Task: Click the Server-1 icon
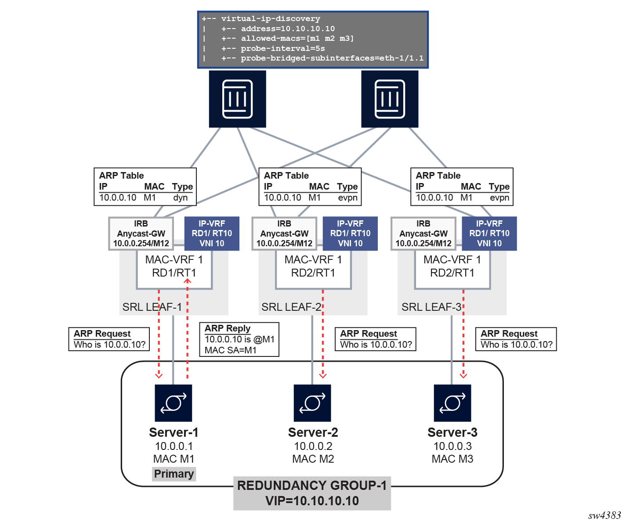pos(174,403)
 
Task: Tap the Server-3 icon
pos(452,403)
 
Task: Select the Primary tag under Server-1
pos(174,474)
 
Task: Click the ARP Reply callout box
pos(239,339)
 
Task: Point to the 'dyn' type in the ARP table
pos(181,198)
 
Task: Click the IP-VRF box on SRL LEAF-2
pos(350,234)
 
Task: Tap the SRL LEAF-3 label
pos(431,307)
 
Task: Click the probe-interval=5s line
pos(282,48)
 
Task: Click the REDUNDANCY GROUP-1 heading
pos(312,485)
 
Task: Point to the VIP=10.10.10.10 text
pos(312,501)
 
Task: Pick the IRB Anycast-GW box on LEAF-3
pos(423,234)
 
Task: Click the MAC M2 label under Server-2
pos(313,459)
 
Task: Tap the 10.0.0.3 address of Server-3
pos(452,446)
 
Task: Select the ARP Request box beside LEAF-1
pos(109,339)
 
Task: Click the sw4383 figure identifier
pos(604,515)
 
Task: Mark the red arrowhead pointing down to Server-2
pos(323,375)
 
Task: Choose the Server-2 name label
pos(313,432)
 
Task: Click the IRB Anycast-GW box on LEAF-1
pos(141,234)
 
